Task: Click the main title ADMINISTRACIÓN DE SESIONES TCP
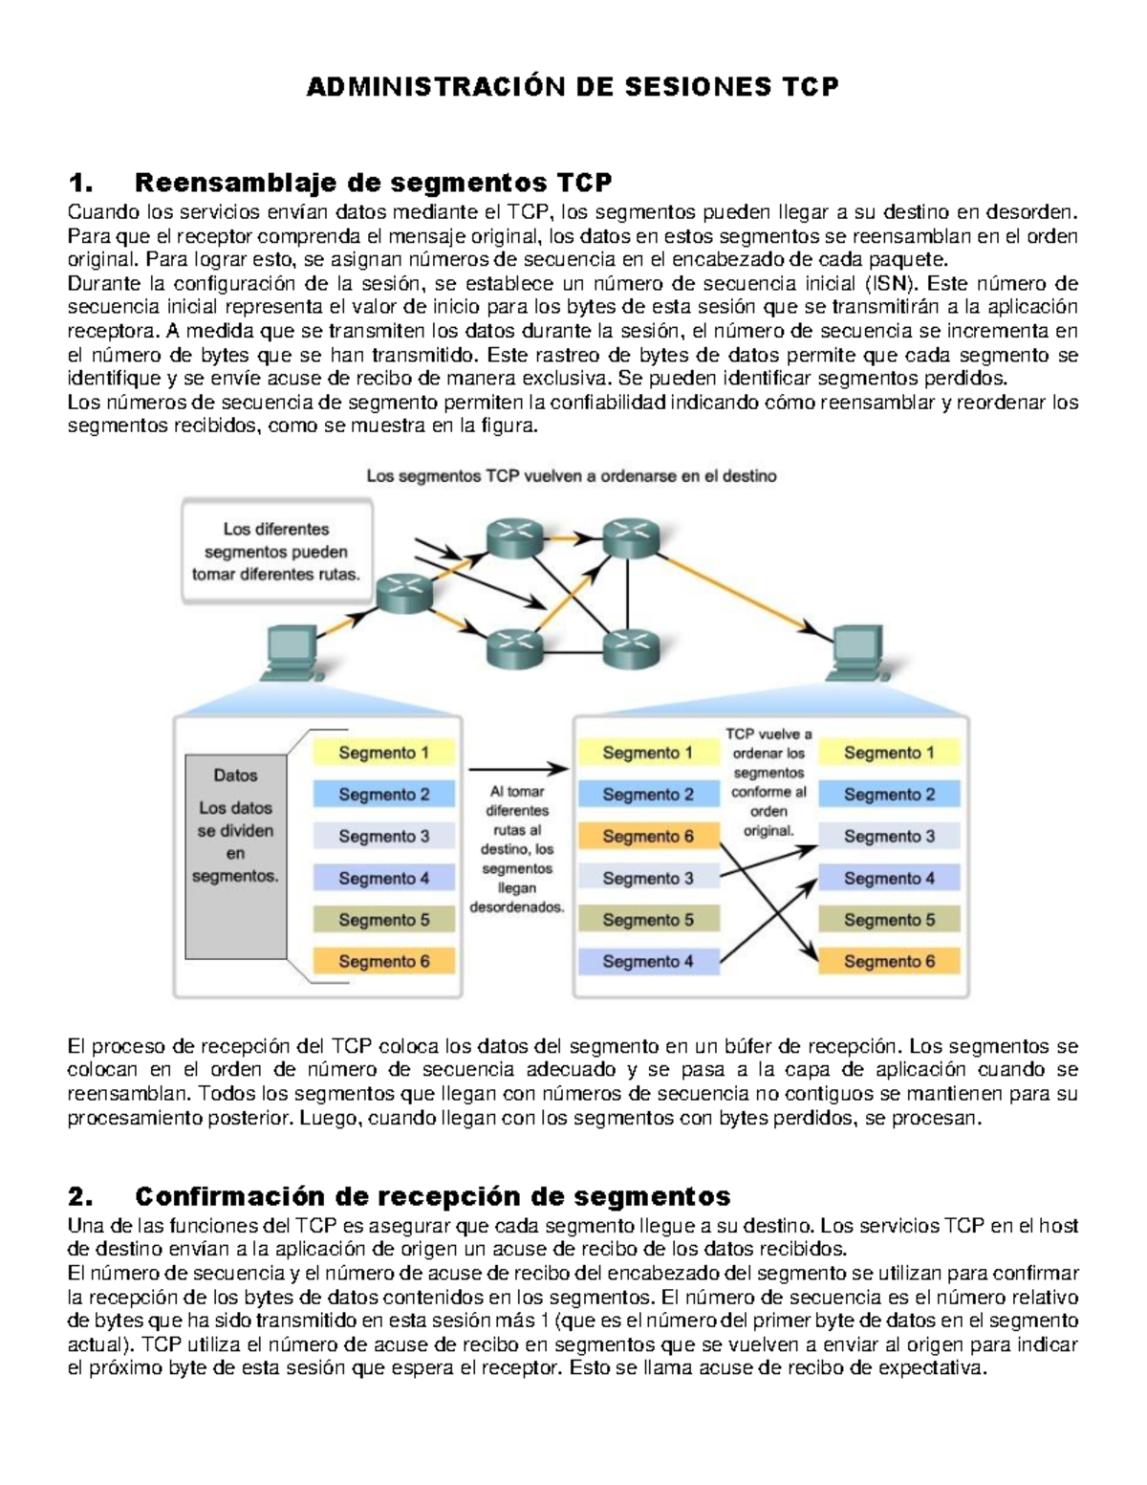pyautogui.click(x=573, y=87)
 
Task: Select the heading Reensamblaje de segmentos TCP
pyautogui.click(x=373, y=182)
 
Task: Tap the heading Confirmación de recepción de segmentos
pyautogui.click(x=432, y=1196)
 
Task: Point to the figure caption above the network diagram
pyautogui.click(x=572, y=475)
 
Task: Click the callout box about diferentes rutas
pyautogui.click(x=276, y=552)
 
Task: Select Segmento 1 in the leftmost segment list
pyautogui.click(x=383, y=753)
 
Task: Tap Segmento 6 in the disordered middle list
pyautogui.click(x=647, y=836)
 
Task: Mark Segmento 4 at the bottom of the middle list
pyautogui.click(x=647, y=961)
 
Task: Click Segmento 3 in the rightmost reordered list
pyautogui.click(x=889, y=836)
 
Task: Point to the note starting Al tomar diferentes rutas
pyautogui.click(x=517, y=849)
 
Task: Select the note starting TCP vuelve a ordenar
pyautogui.click(x=768, y=782)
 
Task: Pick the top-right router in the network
pyautogui.click(x=631, y=539)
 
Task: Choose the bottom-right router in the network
pyautogui.click(x=631, y=650)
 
